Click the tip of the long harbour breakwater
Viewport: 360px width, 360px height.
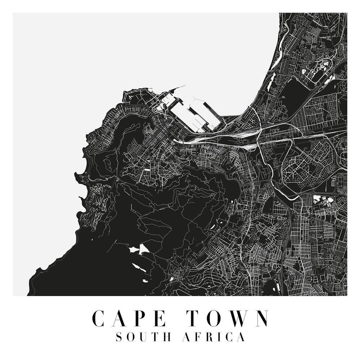pos(185,86)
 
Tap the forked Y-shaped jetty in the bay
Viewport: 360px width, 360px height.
pos(194,98)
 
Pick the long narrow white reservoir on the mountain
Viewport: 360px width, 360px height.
pos(137,267)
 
